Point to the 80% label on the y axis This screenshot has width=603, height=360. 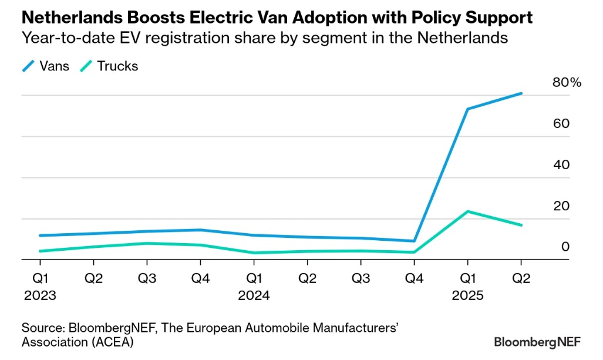567,83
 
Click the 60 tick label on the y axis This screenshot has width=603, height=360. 562,124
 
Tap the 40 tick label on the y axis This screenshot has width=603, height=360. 562,165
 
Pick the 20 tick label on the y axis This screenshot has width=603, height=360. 562,206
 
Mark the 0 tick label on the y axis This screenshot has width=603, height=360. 565,247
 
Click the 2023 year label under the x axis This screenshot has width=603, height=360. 40,295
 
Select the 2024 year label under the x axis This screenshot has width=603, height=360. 254,295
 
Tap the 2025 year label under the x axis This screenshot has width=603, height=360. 467,295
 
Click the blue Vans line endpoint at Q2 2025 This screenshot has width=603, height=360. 521,93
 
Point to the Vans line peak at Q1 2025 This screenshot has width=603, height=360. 467,109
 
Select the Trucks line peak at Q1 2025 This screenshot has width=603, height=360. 467,211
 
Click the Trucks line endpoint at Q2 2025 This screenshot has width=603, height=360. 521,225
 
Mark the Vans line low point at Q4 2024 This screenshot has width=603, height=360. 414,241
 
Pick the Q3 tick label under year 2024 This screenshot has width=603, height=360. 361,278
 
